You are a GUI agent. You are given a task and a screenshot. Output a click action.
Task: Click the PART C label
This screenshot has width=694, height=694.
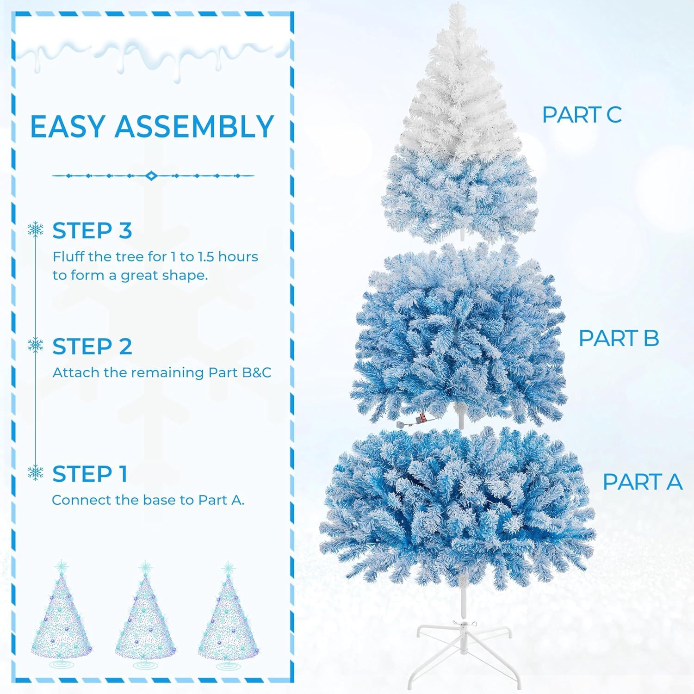[x=582, y=115]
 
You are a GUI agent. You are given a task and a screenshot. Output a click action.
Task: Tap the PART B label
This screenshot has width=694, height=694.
[x=619, y=338]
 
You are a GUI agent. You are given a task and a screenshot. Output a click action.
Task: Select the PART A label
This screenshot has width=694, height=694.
[x=642, y=482]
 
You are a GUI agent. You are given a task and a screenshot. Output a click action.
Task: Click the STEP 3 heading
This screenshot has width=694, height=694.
[x=92, y=231]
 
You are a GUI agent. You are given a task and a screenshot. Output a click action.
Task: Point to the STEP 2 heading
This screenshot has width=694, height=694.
[x=92, y=347]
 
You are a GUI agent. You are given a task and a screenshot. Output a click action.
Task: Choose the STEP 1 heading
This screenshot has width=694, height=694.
[x=90, y=474]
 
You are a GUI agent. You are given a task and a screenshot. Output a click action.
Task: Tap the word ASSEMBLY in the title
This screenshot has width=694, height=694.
[x=195, y=126]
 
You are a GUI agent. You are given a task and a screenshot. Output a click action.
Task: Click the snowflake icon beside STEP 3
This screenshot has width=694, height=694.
[x=36, y=229]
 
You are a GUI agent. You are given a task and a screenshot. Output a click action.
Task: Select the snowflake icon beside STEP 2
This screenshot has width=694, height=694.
[x=36, y=345]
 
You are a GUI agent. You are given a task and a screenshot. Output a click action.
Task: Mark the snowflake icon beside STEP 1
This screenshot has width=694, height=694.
[x=36, y=472]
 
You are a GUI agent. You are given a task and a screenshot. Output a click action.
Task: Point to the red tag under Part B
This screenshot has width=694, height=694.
[x=422, y=418]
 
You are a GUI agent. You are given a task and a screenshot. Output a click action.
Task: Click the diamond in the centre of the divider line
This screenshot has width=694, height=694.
[x=150, y=176]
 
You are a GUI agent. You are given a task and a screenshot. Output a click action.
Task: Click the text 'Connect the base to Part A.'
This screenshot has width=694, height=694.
[x=148, y=500]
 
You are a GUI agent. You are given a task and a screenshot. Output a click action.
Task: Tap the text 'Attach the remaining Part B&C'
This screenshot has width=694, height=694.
[x=162, y=372]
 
